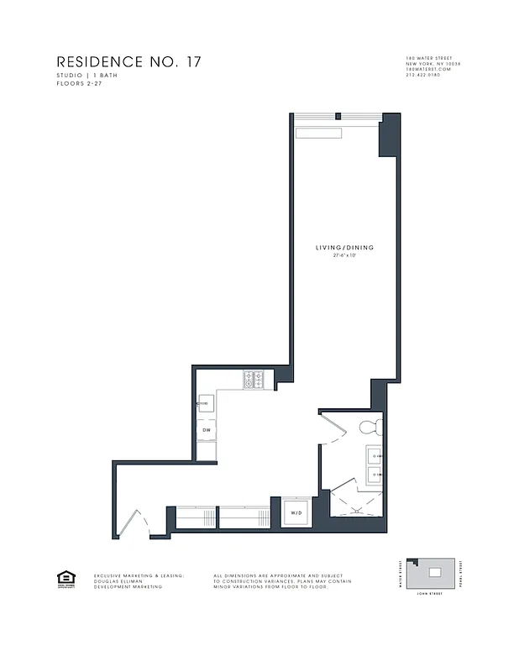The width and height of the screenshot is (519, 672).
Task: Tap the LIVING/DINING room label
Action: tap(344, 248)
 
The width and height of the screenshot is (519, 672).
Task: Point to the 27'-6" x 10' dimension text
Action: tap(344, 255)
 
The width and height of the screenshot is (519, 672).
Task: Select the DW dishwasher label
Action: tap(206, 430)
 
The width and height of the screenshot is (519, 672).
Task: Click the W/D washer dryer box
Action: tap(296, 512)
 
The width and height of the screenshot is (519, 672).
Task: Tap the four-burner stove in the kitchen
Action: tap(254, 381)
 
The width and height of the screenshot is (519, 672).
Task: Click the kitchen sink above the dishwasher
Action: tap(206, 402)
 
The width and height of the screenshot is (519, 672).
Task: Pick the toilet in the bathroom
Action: tap(370, 428)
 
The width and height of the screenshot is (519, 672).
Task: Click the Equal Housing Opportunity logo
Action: tap(65, 578)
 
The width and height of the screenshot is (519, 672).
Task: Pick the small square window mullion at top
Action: tap(338, 117)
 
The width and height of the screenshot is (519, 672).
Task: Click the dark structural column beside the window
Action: tap(389, 137)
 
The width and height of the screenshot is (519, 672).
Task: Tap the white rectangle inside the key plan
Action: tap(434, 573)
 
